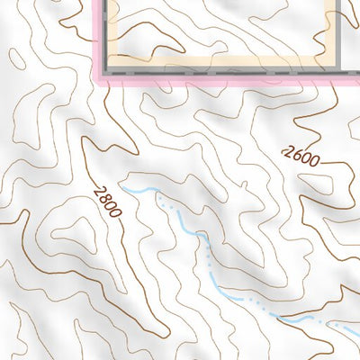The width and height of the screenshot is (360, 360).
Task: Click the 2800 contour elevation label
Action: (x=107, y=199)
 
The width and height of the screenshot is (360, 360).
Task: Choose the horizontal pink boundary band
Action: (x=225, y=79)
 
